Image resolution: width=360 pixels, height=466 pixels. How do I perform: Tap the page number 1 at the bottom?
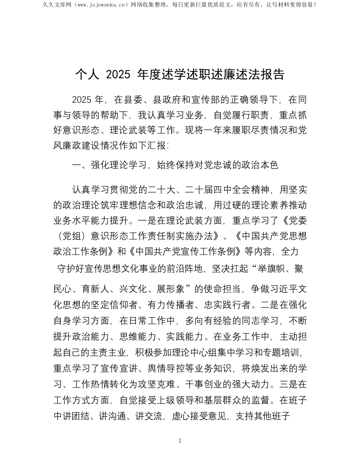[x=180, y=440]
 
